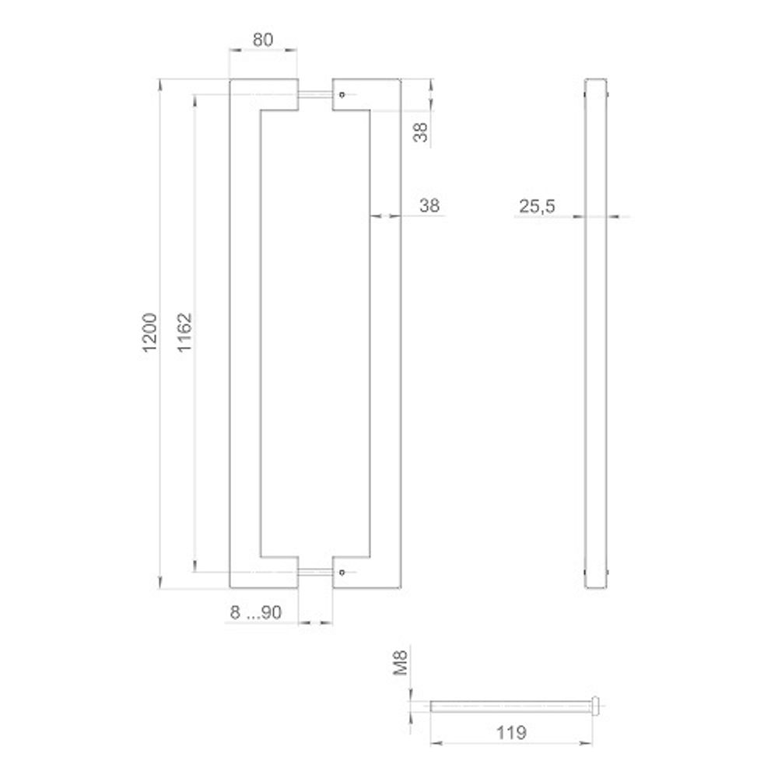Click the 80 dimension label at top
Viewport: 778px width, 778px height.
tap(263, 40)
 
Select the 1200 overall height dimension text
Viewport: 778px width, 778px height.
tap(151, 335)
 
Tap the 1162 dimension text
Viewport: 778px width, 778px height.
tap(185, 335)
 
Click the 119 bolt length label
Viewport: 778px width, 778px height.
tap(510, 732)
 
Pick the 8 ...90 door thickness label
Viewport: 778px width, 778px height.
tap(255, 613)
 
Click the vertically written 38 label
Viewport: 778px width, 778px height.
tap(420, 129)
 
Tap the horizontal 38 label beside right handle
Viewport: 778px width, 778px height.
tap(429, 206)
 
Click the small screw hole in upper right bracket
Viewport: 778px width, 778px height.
tap(341, 95)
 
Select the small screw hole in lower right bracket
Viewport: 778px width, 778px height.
tap(341, 573)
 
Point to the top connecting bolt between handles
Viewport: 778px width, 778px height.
tap(315, 95)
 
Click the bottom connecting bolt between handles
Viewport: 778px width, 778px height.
tap(315, 573)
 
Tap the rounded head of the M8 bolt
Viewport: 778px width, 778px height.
tap(597, 706)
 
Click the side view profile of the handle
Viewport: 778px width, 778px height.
tap(595, 335)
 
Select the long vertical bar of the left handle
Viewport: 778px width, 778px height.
tap(244, 335)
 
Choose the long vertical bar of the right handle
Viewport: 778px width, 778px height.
tap(384, 335)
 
